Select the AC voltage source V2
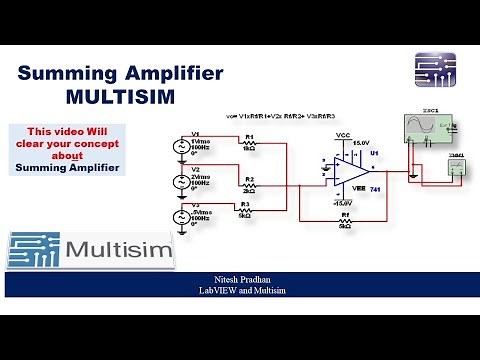point(180,182)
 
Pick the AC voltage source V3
point(180,215)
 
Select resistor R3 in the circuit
point(244,211)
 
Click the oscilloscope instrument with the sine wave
point(429,128)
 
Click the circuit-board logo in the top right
point(434,71)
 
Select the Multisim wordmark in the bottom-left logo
point(121,249)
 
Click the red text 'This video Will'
point(68,132)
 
